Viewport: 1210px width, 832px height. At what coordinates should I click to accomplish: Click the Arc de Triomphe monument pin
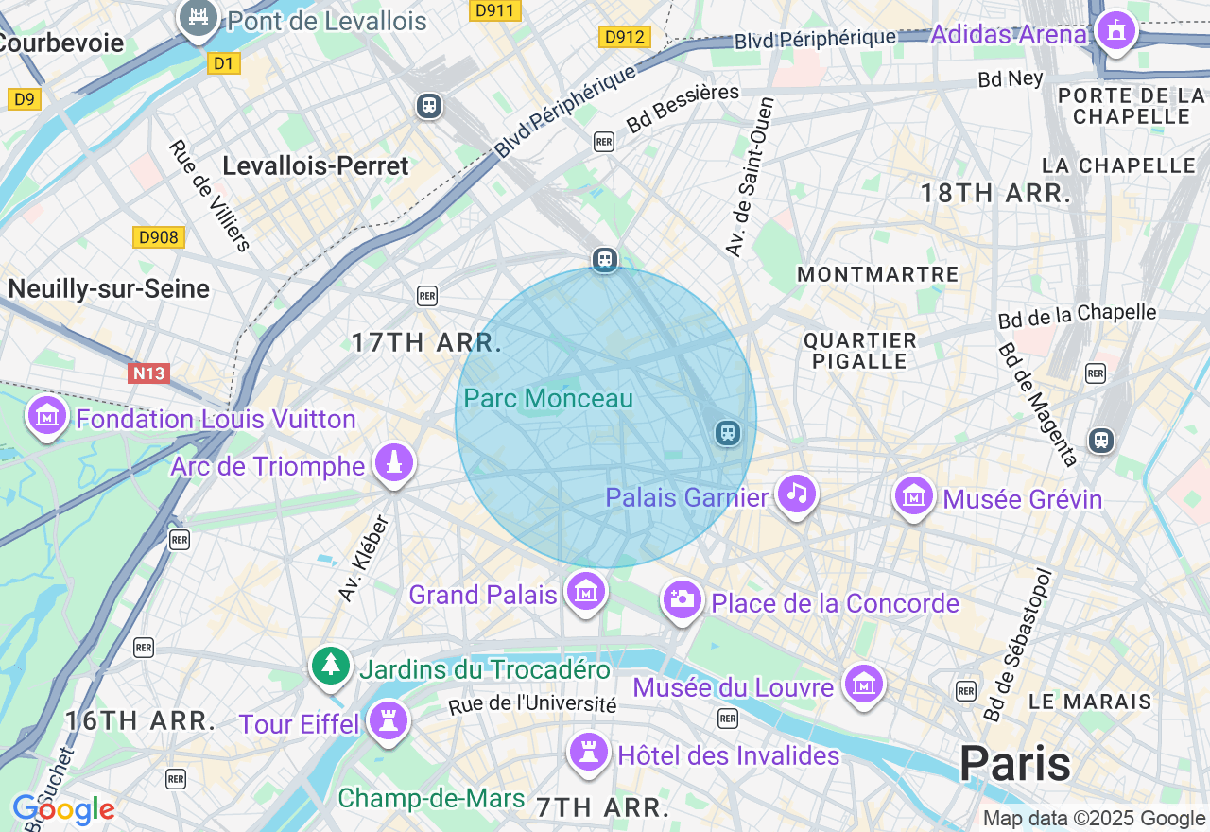tap(394, 463)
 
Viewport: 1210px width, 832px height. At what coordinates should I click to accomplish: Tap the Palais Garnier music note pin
tap(797, 494)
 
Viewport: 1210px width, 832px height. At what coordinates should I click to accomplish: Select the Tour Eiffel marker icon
tap(388, 721)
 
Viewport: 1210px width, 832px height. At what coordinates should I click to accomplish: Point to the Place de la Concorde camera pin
tap(681, 599)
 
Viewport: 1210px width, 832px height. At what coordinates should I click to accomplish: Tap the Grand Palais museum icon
tap(585, 592)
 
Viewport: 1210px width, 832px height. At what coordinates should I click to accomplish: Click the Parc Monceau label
tap(548, 399)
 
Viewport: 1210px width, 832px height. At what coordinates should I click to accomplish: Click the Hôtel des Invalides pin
tap(589, 754)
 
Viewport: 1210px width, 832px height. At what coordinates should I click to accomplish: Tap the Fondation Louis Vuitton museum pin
tap(47, 416)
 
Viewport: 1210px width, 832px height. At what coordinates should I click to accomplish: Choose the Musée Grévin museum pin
tap(914, 495)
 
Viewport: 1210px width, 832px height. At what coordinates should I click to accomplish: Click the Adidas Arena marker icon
tap(1115, 30)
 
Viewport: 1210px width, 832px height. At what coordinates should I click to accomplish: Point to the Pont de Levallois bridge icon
tap(199, 17)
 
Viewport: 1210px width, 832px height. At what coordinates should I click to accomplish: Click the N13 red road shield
tap(148, 373)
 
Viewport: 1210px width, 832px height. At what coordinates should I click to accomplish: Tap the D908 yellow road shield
tap(158, 237)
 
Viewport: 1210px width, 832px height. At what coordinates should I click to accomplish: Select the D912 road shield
tap(625, 37)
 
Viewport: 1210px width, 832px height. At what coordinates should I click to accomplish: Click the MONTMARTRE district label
tap(877, 274)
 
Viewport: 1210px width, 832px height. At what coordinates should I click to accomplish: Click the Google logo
tap(63, 809)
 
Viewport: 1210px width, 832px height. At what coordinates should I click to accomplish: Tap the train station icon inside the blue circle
tap(727, 433)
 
